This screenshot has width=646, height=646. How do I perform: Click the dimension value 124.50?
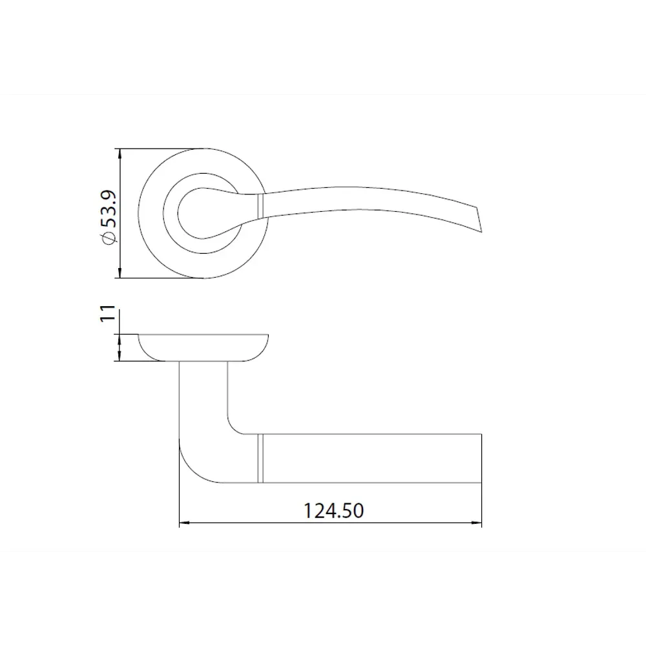(x=334, y=511)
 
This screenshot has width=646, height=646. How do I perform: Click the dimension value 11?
(x=109, y=313)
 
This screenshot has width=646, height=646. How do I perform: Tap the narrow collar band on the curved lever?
(x=261, y=207)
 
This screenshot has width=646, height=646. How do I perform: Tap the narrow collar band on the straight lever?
(x=261, y=459)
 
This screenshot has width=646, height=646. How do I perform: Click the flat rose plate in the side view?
(x=203, y=346)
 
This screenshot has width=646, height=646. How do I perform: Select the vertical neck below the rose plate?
(x=203, y=394)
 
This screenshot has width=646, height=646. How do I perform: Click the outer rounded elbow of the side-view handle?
(x=191, y=470)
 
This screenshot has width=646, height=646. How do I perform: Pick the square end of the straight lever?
(x=481, y=459)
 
